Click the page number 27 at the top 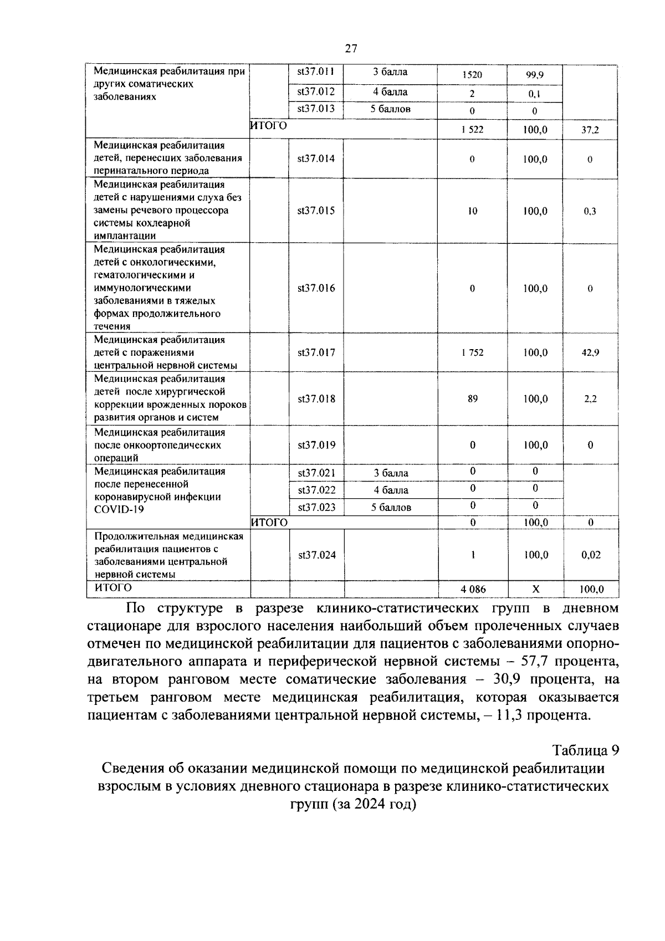pos(351,49)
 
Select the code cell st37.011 pos(316,71)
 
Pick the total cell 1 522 pos(472,130)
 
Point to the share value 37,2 pos(590,131)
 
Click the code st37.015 pos(316,211)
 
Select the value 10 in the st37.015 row pos(472,211)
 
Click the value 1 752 pos(472,352)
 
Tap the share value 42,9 pos(590,352)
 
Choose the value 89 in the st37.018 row pos(472,398)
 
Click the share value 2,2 pos(590,399)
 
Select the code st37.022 pos(316,490)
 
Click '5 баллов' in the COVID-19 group pos(391,507)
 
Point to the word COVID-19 pos(119,509)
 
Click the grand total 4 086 pos(473,590)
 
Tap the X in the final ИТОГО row pos(535,589)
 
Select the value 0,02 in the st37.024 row pos(591,555)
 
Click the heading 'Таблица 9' pos(585,750)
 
